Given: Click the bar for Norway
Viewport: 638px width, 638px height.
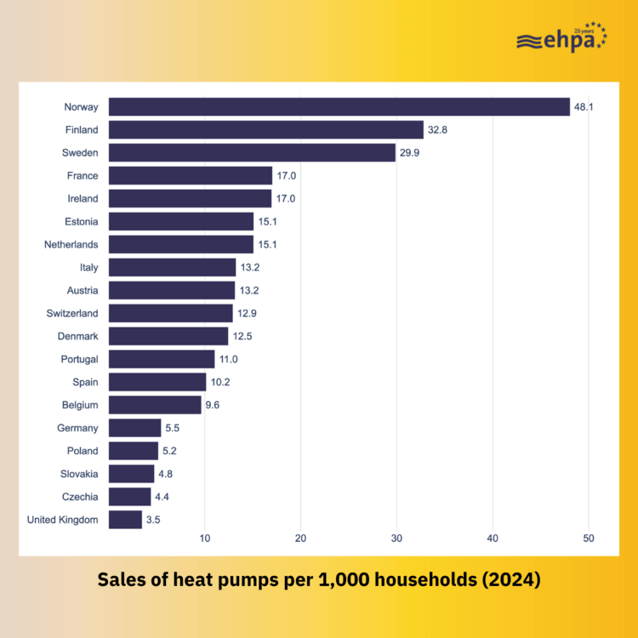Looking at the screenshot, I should coord(339,107).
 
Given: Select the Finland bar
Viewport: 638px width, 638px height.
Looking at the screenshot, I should coord(265,130).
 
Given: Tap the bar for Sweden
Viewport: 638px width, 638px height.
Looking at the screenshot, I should coord(252,153).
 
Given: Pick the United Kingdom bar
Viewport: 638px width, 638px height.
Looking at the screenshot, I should coord(125,520).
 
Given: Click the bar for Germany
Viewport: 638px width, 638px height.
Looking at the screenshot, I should coord(134,428).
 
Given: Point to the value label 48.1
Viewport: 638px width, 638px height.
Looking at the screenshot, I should coord(584,107).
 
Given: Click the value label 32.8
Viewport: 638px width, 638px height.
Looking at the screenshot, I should coord(437,130).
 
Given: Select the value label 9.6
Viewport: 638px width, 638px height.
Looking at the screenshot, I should coord(213,405).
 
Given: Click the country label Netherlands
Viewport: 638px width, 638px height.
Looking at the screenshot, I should coord(71,245).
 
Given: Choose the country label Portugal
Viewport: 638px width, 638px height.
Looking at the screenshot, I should coord(77,359).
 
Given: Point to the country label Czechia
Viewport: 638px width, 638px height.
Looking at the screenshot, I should coord(79,497).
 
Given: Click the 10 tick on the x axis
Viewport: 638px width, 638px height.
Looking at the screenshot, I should coord(205,538).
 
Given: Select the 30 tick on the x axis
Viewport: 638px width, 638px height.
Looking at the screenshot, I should coord(396,538).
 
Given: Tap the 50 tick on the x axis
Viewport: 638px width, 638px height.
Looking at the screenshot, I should coord(588,538).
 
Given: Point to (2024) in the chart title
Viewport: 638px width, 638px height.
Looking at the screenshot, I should coord(510,582).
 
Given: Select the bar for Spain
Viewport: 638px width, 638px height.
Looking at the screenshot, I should coord(157,382).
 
